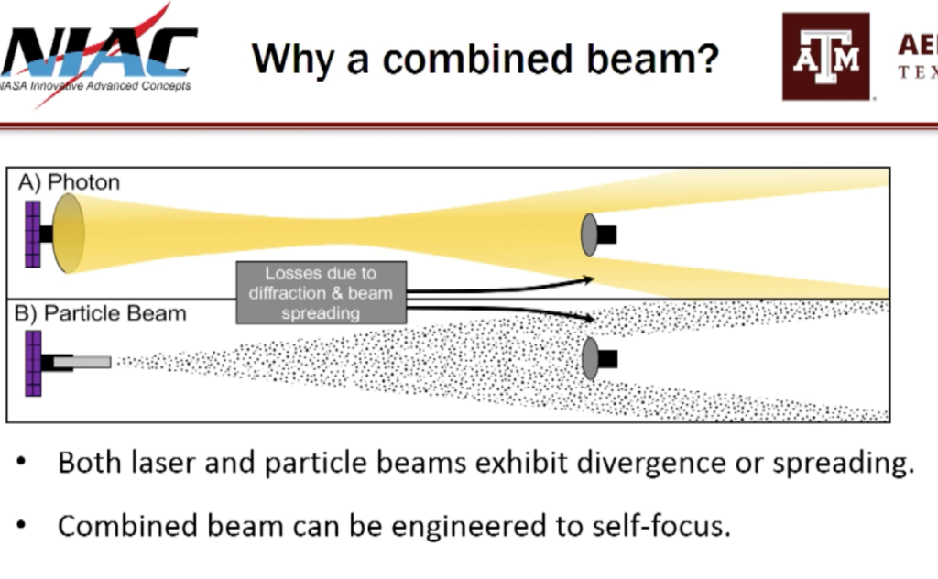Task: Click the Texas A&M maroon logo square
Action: pyautogui.click(x=825, y=57)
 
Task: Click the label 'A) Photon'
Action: pyautogui.click(x=70, y=182)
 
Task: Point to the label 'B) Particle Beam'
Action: pyautogui.click(x=102, y=313)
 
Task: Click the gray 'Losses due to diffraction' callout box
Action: pyautogui.click(x=321, y=292)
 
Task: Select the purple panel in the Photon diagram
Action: pyautogui.click(x=33, y=234)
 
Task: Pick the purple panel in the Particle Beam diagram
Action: pyautogui.click(x=33, y=363)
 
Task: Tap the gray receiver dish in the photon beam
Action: pyautogui.click(x=590, y=235)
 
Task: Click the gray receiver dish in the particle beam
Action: pyautogui.click(x=590, y=358)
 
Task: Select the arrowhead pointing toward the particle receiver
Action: pyautogui.click(x=591, y=319)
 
